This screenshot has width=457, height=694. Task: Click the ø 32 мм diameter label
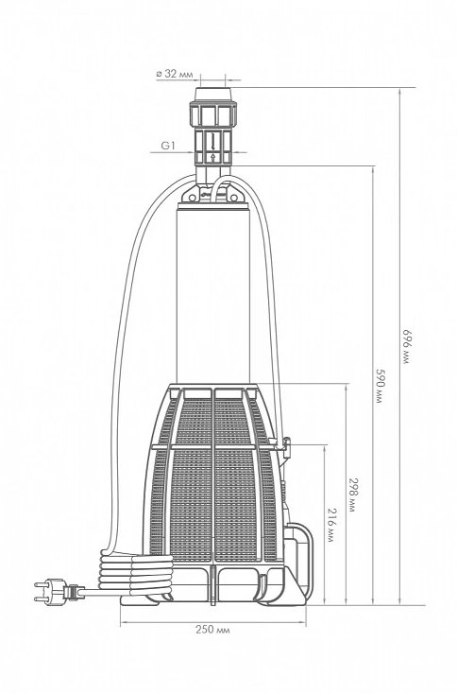[175, 74]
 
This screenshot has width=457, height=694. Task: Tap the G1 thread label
[168, 146]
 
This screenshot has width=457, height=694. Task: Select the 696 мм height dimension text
[406, 346]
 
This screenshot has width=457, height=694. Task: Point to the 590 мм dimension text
[380, 385]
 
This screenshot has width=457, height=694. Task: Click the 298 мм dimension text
[353, 494]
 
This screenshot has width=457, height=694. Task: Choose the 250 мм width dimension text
[212, 629]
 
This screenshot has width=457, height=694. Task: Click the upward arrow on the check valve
[213, 157]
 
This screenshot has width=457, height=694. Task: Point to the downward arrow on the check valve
[213, 141]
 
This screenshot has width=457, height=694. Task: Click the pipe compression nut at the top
[213, 113]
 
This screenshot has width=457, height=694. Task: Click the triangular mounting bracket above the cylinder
[213, 193]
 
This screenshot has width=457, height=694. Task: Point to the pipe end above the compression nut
[213, 95]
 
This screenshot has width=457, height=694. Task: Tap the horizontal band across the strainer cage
[213, 446]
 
